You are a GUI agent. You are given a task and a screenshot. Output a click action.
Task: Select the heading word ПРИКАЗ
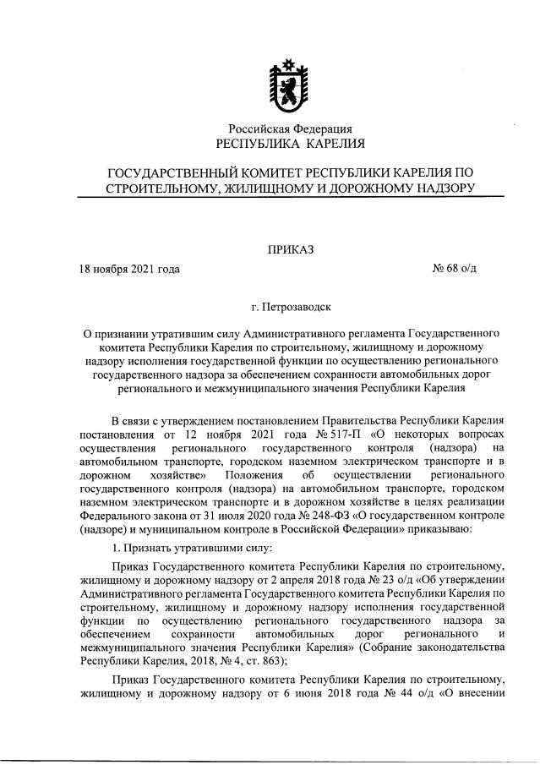291,249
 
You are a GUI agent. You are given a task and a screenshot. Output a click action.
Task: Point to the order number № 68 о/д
455,270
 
